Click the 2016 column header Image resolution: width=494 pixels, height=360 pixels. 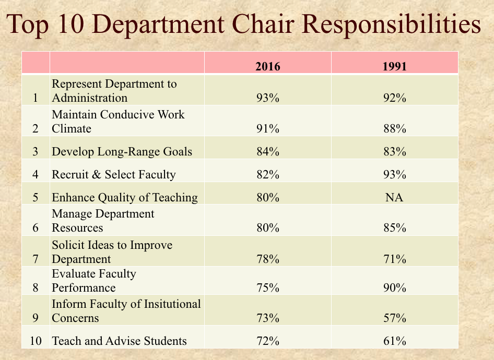268,66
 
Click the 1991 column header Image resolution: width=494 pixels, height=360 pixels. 394,66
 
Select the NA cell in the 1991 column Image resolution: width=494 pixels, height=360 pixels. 394,197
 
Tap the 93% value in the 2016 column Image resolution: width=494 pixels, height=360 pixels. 268,98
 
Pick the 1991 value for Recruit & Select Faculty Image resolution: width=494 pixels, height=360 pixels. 394,174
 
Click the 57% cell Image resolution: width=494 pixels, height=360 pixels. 394,318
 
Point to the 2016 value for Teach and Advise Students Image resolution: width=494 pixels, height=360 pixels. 268,341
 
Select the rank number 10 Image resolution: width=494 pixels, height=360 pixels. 36,341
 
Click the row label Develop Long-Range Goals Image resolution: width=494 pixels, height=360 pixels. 122,152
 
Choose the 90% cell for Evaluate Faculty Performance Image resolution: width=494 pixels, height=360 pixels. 394,287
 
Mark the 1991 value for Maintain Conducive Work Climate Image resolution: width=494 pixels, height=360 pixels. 394,128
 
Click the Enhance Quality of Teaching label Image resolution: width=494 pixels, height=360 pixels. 125,198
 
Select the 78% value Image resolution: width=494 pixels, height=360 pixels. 268,259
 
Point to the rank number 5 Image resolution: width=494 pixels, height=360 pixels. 36,197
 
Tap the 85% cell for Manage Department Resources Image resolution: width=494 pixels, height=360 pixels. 394,227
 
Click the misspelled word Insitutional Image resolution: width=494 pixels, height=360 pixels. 172,304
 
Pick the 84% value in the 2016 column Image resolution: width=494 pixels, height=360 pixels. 268,151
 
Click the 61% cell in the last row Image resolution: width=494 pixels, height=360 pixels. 394,341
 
